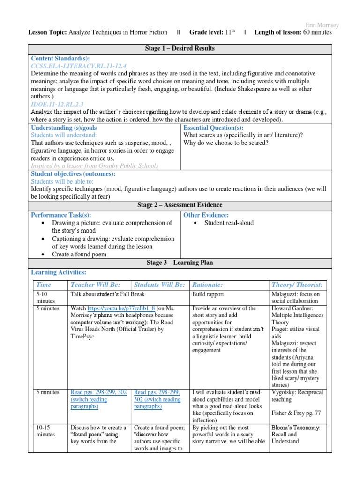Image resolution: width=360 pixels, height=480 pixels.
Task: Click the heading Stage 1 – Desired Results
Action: (x=180, y=49)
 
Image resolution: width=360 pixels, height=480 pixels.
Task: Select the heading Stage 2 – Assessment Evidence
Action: (x=180, y=205)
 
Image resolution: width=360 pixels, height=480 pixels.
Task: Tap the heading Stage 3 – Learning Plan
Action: (x=180, y=262)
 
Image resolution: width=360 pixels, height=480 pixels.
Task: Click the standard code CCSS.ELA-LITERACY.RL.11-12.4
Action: (x=79, y=66)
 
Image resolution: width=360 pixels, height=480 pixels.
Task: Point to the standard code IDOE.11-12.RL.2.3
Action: (x=57, y=104)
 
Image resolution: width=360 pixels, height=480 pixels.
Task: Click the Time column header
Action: (x=44, y=285)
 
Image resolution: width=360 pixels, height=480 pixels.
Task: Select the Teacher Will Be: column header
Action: (x=95, y=285)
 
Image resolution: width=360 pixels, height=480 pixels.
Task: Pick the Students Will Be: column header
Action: (x=160, y=285)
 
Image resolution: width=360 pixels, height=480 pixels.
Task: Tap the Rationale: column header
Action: (x=208, y=285)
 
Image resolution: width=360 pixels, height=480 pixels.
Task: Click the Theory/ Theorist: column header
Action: (x=297, y=285)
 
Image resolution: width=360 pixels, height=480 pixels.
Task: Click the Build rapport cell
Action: (x=208, y=294)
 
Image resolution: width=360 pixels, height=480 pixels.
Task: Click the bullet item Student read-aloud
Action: (x=223, y=223)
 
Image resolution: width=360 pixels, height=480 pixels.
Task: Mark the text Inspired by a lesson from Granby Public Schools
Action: (x=95, y=165)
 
